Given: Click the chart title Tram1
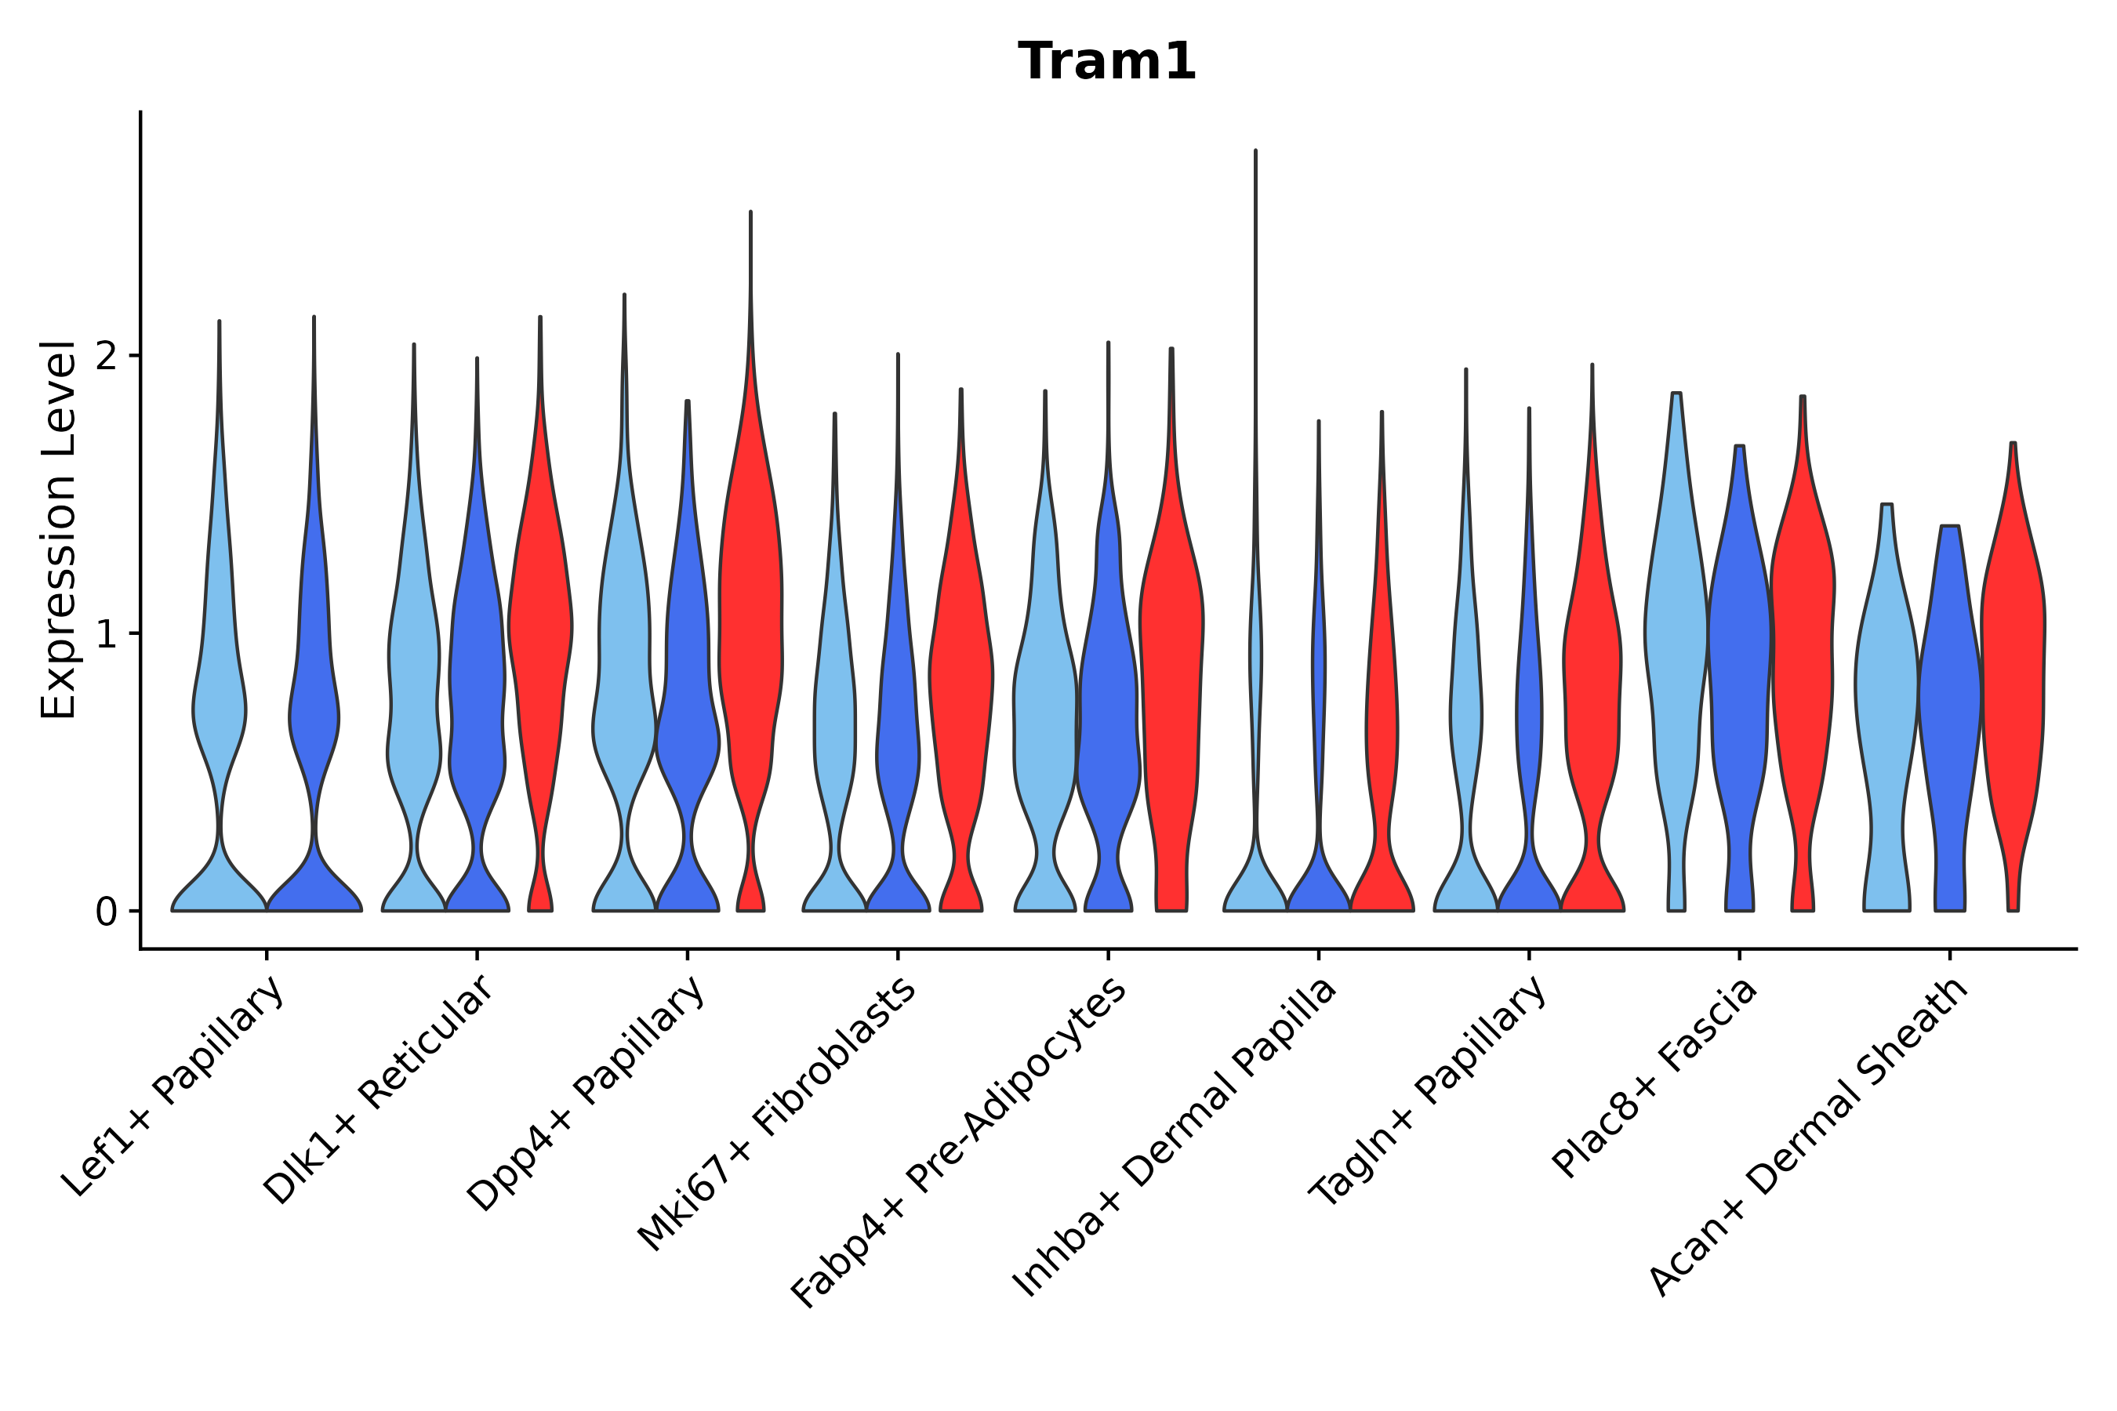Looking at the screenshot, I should [x=1106, y=62].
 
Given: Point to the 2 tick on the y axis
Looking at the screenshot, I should [x=107, y=357].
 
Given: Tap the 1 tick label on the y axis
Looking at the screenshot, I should [x=107, y=635].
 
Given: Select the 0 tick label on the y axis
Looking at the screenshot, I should [x=107, y=912].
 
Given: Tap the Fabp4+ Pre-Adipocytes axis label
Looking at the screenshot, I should [x=960, y=1142].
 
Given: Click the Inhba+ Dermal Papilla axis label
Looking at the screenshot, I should [x=1175, y=1137].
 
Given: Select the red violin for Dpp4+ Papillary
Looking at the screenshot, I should [x=750, y=630].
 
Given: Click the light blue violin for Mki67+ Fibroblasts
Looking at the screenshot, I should [x=834, y=720].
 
